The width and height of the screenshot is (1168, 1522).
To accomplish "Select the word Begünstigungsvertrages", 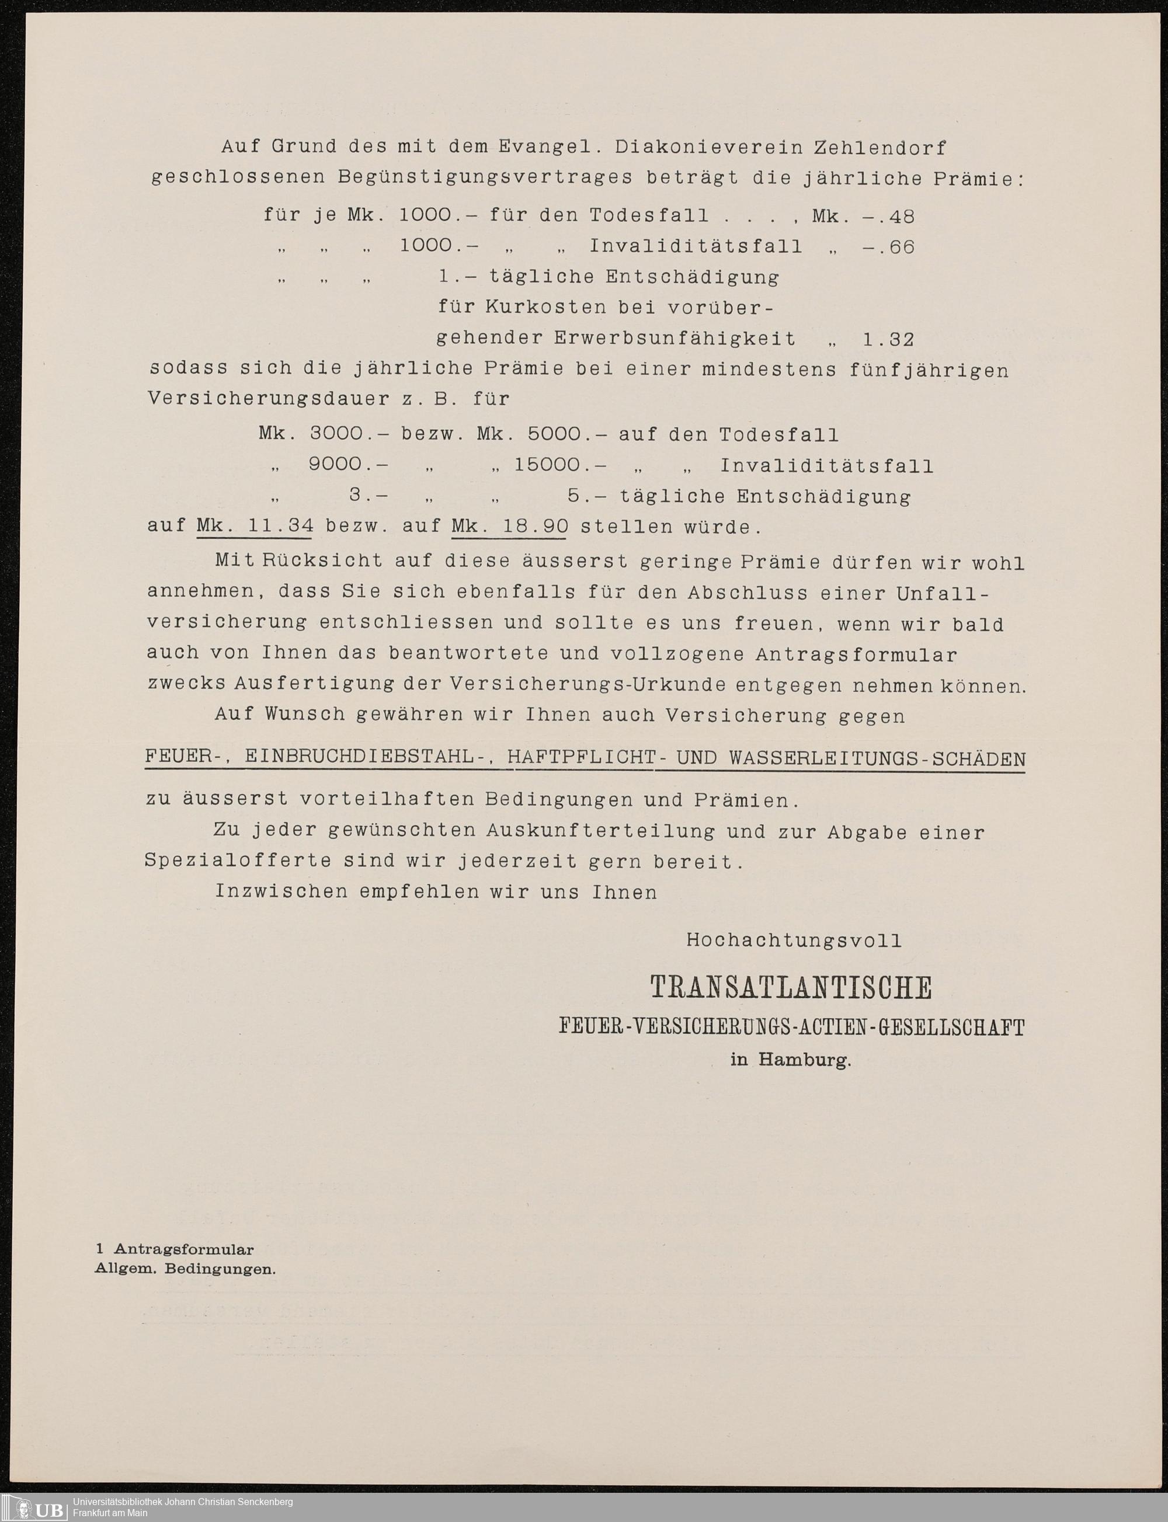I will coord(485,177).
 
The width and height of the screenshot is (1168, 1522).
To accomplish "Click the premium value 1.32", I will coord(888,339).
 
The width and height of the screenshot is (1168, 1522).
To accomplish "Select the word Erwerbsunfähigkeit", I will coord(675,339).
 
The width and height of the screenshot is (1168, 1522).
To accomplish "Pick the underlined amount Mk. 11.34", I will coord(255,526).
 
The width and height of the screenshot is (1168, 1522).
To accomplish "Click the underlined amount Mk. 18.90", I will coord(510,526).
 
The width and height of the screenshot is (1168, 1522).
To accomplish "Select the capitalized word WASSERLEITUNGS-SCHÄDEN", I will coord(877,758).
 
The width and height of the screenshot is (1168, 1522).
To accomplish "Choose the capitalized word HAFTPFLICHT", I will coord(581,758).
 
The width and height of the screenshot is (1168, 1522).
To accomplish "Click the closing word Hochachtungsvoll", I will coord(794,941).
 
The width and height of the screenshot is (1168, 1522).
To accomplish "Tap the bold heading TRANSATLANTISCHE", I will coord(791,988).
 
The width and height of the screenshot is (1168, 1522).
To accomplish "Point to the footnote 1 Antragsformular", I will coord(175,1249).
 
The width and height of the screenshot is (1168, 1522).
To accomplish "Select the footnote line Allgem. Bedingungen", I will coord(185,1268).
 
